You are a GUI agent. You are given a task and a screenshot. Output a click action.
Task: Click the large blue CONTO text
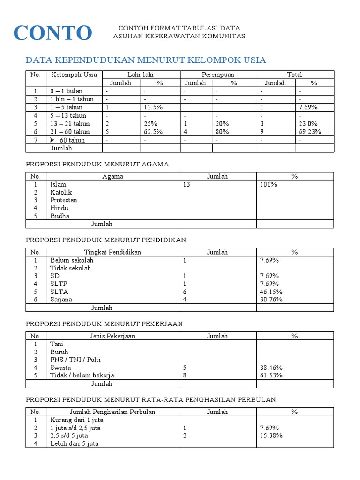(x=52, y=33)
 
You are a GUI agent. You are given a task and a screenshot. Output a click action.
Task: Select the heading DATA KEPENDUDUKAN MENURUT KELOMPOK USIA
(x=146, y=60)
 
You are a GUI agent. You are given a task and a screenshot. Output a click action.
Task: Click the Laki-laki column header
(x=141, y=75)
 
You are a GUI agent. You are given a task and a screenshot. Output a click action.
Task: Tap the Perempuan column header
(x=218, y=75)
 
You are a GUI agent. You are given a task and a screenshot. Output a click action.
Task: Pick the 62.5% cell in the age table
(x=153, y=132)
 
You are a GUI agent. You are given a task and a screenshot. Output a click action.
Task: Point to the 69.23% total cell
(x=310, y=132)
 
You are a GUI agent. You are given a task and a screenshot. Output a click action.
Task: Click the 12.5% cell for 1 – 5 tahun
(x=153, y=107)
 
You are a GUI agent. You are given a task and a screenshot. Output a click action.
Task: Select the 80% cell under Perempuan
(x=223, y=132)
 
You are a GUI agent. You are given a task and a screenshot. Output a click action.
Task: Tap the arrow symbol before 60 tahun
(x=52, y=140)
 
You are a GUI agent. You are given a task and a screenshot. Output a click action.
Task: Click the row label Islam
(x=58, y=185)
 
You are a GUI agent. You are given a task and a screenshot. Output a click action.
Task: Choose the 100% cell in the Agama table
(x=269, y=185)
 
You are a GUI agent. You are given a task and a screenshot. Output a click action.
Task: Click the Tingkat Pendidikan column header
(x=112, y=252)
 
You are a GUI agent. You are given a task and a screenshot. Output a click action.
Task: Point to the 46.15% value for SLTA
(x=271, y=292)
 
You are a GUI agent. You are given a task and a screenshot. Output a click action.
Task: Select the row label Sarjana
(x=61, y=300)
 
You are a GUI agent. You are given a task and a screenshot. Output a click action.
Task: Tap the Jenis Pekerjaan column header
(x=112, y=336)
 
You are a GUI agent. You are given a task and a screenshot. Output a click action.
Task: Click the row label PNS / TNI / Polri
(x=75, y=360)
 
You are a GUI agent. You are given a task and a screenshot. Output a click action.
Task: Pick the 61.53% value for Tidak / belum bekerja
(x=271, y=375)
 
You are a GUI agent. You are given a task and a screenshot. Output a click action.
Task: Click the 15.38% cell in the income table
(x=271, y=435)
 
